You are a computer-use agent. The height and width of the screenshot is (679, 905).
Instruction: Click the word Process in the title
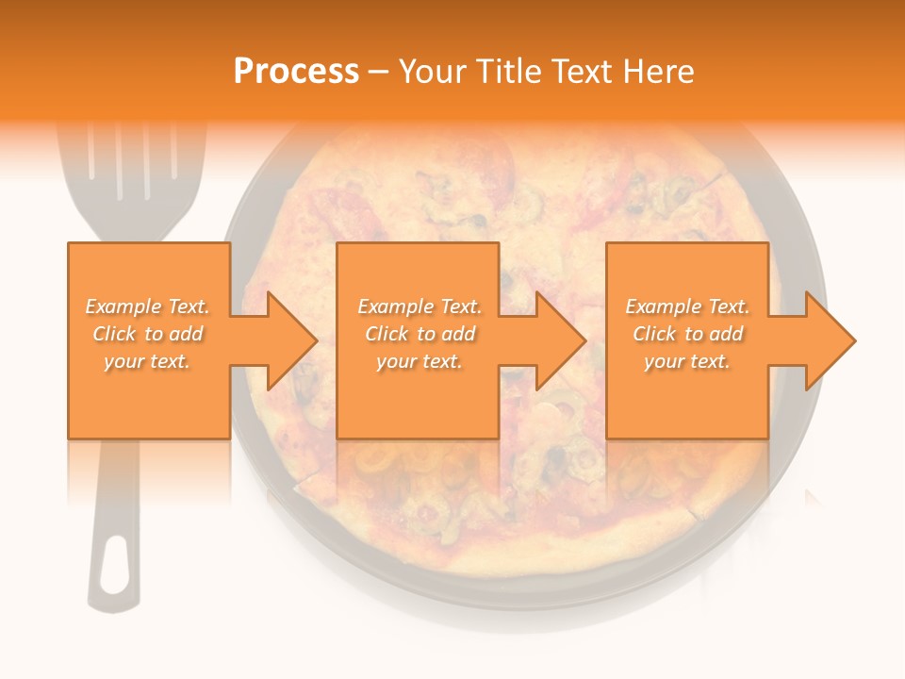click(x=296, y=72)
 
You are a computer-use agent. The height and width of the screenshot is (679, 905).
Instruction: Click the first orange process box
click(x=148, y=396)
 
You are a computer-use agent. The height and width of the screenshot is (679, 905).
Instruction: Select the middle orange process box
click(x=418, y=396)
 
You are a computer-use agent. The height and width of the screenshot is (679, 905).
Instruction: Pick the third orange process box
click(x=686, y=396)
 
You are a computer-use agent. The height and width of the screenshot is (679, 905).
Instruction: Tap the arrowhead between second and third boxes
click(x=560, y=340)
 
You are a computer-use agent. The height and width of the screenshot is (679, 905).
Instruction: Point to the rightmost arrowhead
click(x=830, y=340)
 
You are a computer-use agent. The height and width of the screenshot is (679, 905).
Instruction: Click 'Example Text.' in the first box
click(x=148, y=306)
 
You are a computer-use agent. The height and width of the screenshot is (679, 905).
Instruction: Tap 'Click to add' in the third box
click(x=687, y=334)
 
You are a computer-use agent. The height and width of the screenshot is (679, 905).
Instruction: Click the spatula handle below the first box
click(x=116, y=509)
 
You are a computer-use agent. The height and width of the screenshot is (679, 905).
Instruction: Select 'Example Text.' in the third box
click(x=687, y=306)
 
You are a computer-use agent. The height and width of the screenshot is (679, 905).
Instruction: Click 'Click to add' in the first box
click(x=148, y=334)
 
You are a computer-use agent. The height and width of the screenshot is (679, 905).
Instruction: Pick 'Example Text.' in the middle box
click(x=419, y=306)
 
